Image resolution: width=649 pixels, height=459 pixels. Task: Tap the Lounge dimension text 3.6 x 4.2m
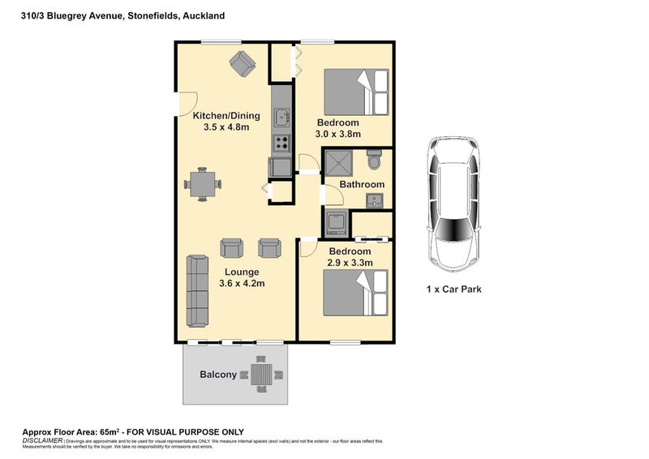(243, 284)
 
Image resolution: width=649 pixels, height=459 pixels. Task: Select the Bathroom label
(362, 185)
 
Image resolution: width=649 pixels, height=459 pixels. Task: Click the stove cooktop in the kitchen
(282, 144)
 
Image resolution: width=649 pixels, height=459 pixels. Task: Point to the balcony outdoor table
(262, 375)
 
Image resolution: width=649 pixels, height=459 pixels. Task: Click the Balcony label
(218, 375)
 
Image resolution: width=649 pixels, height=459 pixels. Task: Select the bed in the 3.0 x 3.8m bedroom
(358, 92)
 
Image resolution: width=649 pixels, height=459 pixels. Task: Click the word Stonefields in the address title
(153, 15)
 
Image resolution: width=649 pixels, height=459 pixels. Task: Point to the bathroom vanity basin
(374, 200)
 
